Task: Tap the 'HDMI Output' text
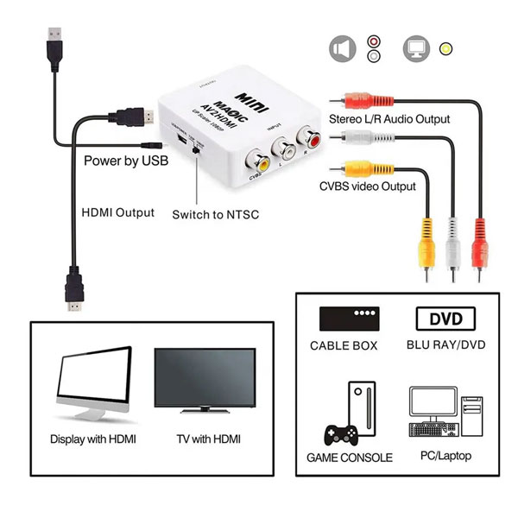click(117, 212)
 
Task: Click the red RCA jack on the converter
click(307, 136)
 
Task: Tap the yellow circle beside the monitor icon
click(445, 48)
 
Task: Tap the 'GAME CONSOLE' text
click(350, 458)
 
